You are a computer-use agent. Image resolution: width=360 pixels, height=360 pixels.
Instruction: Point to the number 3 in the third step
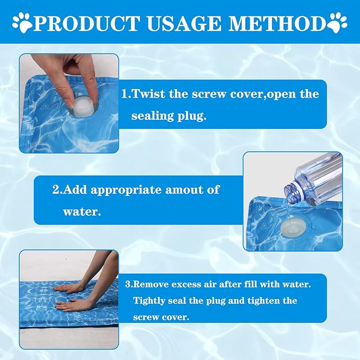(x=128, y=284)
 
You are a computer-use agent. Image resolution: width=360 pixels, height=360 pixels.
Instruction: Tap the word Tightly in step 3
(x=151, y=301)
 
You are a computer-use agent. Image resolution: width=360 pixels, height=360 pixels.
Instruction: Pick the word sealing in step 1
(x=154, y=116)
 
